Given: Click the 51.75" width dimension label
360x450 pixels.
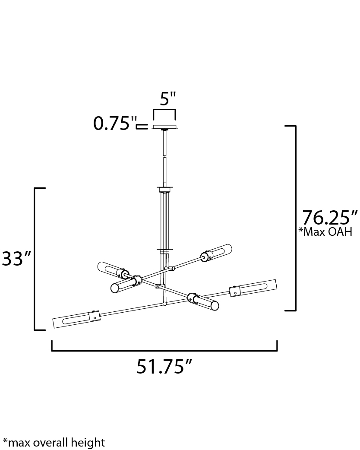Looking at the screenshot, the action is [x=164, y=367].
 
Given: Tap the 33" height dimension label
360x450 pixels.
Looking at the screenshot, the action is [x=17, y=258].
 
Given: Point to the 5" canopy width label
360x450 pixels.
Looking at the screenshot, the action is [x=167, y=99].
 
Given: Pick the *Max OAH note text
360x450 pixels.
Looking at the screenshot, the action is [x=325, y=231].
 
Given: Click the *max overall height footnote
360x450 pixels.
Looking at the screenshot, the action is [x=54, y=442].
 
